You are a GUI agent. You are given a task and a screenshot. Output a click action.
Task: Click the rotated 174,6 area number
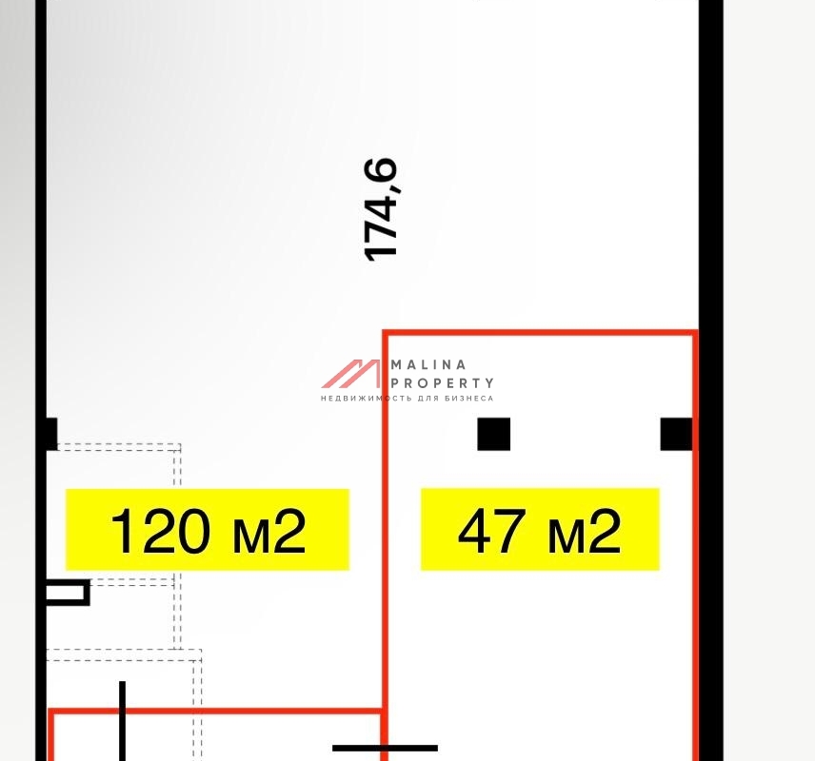381,209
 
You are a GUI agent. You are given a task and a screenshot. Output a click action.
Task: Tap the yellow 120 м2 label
208,529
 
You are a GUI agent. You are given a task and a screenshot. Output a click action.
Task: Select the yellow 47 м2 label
540,529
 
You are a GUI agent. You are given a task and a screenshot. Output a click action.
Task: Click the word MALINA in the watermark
428,364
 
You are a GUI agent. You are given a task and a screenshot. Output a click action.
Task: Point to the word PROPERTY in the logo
442,383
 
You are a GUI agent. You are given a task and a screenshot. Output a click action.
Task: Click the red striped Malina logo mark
351,374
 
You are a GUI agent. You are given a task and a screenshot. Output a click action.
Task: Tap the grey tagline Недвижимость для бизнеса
407,399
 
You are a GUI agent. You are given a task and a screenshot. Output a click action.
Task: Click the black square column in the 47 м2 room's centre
494,434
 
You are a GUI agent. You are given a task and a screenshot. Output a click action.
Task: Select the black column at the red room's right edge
676,434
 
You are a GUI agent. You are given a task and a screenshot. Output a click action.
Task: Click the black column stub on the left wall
51,434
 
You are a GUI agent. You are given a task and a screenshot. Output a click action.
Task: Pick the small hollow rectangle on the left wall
68,593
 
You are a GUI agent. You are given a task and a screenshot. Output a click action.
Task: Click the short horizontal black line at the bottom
386,748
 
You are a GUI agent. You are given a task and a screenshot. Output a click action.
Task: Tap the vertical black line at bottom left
122,721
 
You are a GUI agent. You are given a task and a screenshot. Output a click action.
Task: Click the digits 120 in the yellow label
161,531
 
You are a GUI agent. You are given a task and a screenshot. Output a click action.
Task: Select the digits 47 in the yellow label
491,531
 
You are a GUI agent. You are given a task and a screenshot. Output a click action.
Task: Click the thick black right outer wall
711,380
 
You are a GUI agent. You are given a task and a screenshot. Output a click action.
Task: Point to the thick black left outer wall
41,380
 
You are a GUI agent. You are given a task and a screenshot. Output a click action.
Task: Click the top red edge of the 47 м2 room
540,332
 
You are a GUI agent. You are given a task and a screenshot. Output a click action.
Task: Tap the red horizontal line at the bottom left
216,712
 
